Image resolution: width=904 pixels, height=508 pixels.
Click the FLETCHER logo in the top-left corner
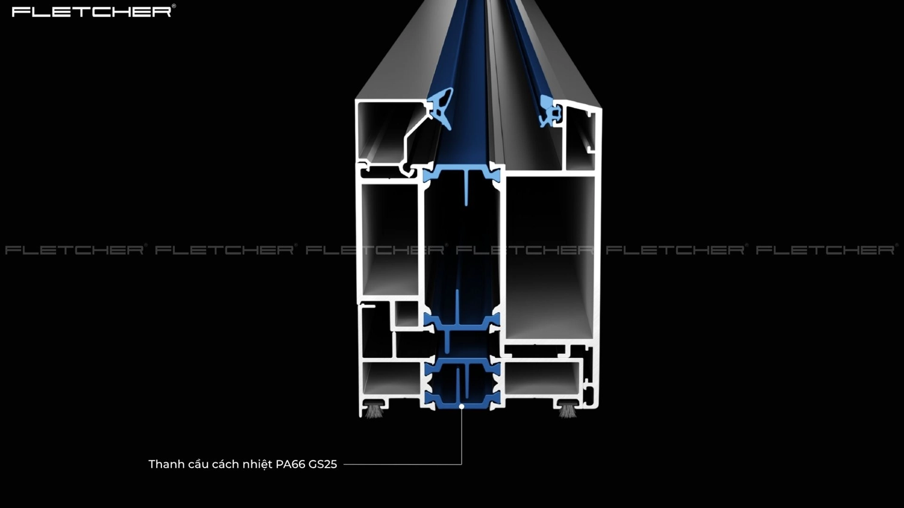pos(91,11)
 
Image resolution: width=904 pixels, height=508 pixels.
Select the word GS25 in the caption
pos(322,465)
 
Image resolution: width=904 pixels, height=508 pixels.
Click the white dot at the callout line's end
pos(461,407)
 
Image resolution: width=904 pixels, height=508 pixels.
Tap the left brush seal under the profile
pos(374,410)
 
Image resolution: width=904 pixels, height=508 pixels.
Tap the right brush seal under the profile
pos(567,410)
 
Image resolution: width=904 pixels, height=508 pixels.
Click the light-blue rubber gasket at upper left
pos(441,108)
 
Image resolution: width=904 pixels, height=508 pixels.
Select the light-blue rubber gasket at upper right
pos(550,111)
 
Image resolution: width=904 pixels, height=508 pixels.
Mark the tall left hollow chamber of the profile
pos(390,240)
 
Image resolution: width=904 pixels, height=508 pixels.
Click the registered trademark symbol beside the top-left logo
pos(174,6)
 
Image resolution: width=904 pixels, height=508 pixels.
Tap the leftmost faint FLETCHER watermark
pos(75,250)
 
